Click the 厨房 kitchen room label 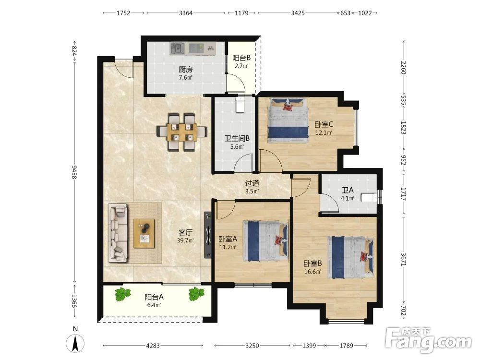pos(186,70)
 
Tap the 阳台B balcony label pos(241,58)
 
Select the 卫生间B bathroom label pos(237,138)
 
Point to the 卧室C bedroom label pos(324,125)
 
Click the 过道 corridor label pos(252,183)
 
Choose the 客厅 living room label pos(185,232)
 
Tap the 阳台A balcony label pos(154,297)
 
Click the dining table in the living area pos(182,132)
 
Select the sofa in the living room pos(118,233)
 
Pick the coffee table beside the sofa pos(144,234)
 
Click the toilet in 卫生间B pos(240,105)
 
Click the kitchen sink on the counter pos(178,48)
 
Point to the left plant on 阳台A pos(122,294)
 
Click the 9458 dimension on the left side pos(74,172)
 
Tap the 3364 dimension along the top pos(186,13)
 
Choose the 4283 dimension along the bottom pos(153,346)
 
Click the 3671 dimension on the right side pos(403,260)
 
